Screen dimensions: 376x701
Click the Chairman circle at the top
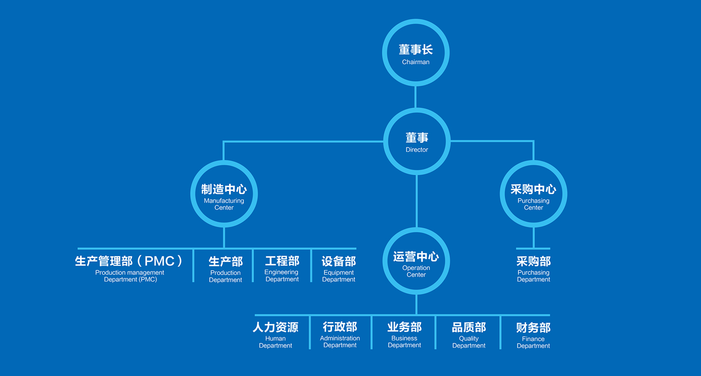pos(416,53)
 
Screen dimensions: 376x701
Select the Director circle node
pos(417,142)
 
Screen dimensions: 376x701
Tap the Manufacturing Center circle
pos(224,194)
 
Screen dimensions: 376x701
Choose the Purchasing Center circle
pos(534,194)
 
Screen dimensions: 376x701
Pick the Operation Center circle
pos(416,261)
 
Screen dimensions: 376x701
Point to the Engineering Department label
pos(282,268)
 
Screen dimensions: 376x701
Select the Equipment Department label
pos(339,268)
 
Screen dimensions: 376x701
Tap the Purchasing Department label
pos(534,268)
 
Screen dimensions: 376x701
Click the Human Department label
pos(276,335)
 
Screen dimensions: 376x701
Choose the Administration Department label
pos(340,335)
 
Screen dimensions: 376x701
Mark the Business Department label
pos(405,335)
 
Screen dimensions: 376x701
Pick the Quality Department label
pos(469,335)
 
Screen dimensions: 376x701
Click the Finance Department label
pos(533,335)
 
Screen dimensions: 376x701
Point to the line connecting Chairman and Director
pos(416,97)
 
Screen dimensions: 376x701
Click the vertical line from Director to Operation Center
pos(417,201)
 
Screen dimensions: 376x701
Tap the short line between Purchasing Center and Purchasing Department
pos(534,237)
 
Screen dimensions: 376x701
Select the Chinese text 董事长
pos(416,50)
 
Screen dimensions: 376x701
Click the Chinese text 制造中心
pos(224,189)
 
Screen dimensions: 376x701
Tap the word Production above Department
pos(225,273)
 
